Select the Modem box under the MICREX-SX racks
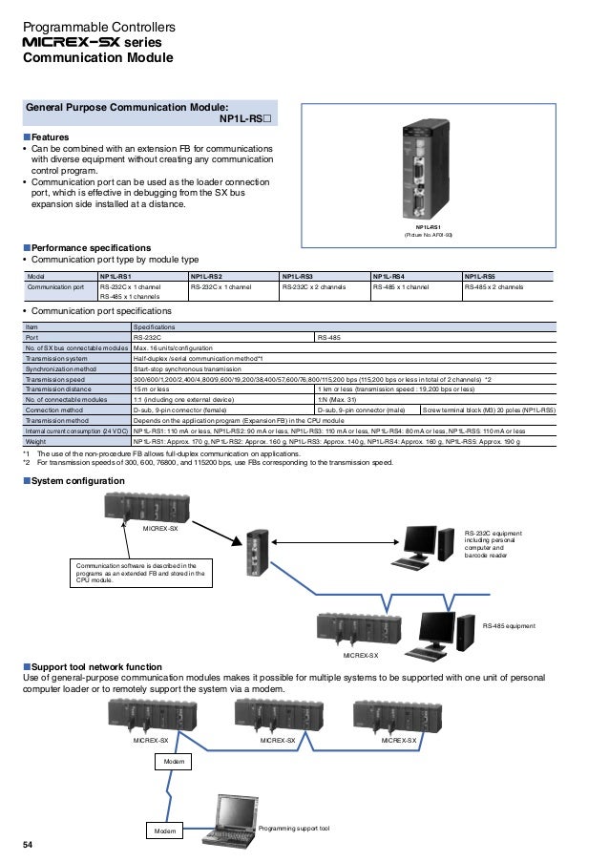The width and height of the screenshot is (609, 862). pyautogui.click(x=172, y=762)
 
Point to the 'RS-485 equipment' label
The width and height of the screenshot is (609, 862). pyautogui.click(x=509, y=625)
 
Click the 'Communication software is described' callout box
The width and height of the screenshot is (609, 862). pyautogui.click(x=139, y=572)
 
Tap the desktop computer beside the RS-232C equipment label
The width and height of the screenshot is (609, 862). pyautogui.click(x=422, y=543)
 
